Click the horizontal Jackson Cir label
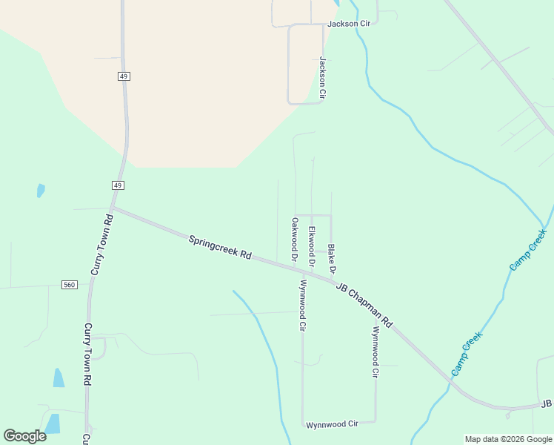(348, 24)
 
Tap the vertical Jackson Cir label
(322, 78)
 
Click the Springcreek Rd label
(220, 247)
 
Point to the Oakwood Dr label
(294, 240)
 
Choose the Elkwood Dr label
(312, 246)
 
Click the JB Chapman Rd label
(363, 307)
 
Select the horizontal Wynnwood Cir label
(332, 423)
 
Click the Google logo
(24, 436)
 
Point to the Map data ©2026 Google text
(509, 439)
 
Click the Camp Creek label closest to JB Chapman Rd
(467, 353)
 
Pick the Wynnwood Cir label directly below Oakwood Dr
(302, 305)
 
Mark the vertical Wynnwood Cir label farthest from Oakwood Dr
(376, 352)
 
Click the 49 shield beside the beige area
(123, 76)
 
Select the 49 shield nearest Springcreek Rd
(119, 185)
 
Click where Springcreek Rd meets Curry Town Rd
(113, 208)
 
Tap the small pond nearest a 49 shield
(41, 190)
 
